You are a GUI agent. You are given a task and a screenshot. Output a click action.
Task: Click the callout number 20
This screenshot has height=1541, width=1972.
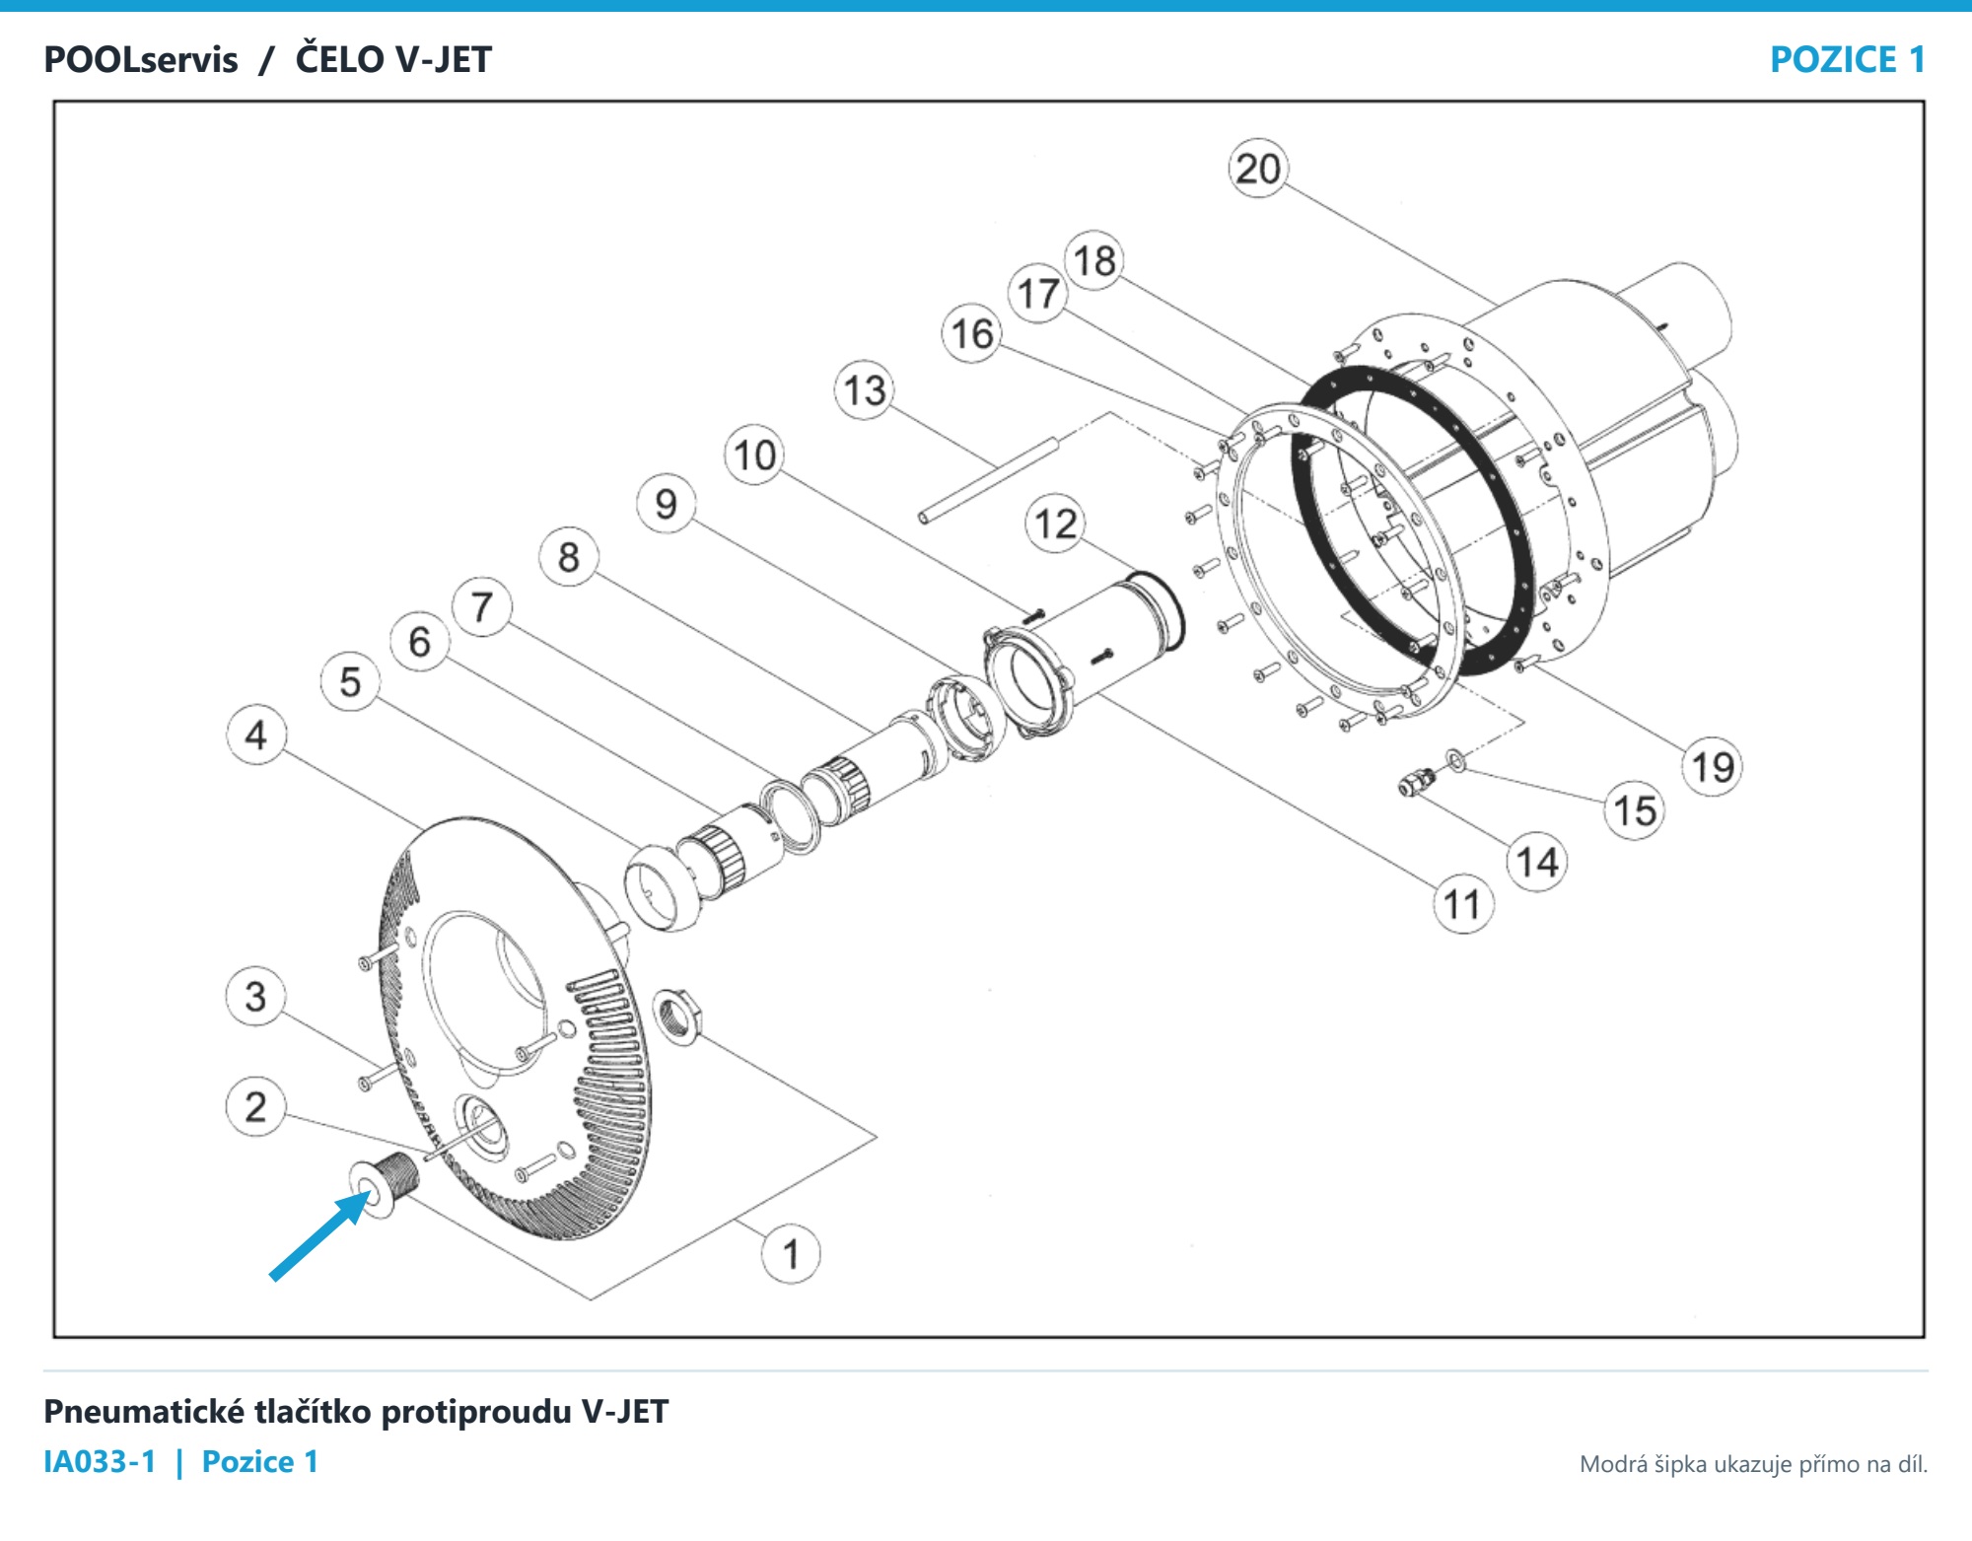click(1258, 169)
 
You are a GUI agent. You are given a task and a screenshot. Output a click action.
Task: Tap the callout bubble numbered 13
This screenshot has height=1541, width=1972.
click(865, 390)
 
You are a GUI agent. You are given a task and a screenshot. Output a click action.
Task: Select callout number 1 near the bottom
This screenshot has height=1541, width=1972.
click(791, 1254)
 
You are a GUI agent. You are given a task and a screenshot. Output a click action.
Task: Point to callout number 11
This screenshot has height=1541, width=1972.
click(1462, 904)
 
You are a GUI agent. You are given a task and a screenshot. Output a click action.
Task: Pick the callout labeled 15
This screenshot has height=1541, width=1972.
click(1635, 810)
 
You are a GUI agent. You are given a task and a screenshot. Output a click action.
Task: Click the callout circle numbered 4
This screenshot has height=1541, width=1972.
click(256, 735)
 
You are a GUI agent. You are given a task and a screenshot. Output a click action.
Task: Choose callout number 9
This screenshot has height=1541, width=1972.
click(667, 504)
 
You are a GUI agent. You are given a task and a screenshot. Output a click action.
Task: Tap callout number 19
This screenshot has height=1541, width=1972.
click(1713, 766)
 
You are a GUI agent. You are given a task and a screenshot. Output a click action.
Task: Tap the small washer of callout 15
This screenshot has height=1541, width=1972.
click(1455, 760)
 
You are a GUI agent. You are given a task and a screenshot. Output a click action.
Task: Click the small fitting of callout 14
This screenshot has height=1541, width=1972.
click(1417, 783)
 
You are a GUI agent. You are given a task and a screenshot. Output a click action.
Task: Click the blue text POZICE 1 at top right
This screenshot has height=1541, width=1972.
click(1848, 60)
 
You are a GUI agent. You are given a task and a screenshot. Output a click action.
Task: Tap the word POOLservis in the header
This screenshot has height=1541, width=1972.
click(141, 60)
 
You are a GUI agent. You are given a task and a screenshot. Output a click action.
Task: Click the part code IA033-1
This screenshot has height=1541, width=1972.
click(100, 1461)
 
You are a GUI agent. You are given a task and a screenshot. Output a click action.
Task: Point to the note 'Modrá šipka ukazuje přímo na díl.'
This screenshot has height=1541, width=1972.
click(1753, 1464)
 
